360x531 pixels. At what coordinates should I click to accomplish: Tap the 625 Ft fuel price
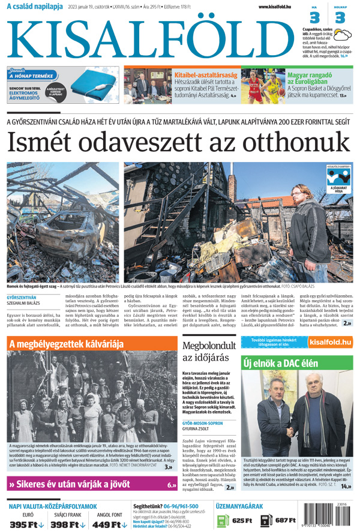[x=241, y=520]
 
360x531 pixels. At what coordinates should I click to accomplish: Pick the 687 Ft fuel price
[x=286, y=520]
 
